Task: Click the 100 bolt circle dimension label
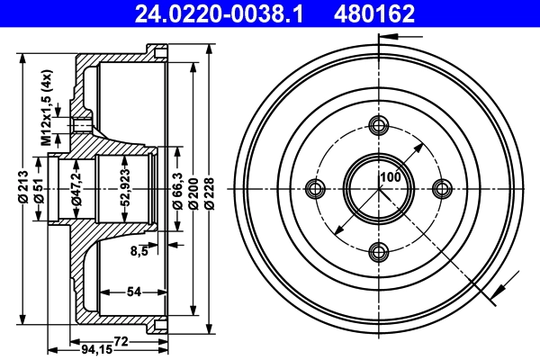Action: coord(389,177)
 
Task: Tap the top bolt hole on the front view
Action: coord(379,125)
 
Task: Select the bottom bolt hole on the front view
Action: coord(379,251)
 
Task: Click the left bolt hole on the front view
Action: coord(315,188)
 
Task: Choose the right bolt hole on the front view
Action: coord(442,188)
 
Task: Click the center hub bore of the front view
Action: coord(379,188)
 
